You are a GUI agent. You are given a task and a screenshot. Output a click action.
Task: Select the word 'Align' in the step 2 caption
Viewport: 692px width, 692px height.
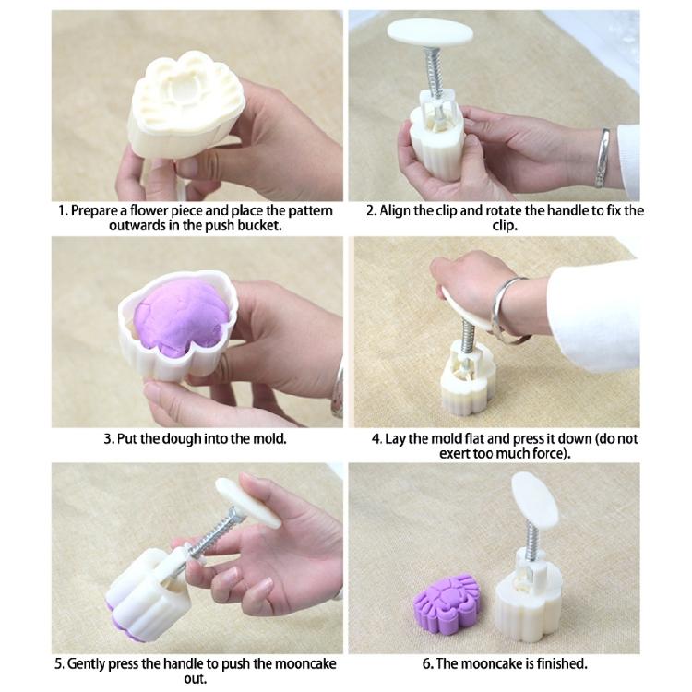[x=400, y=210]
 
